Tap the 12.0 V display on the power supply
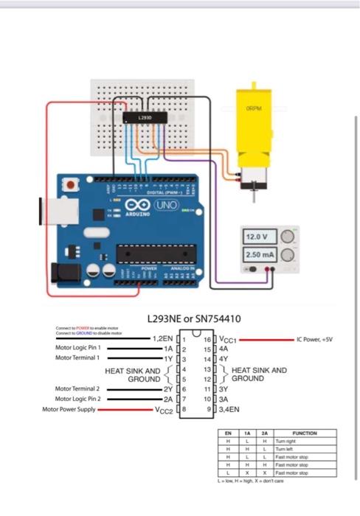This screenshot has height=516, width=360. [x=260, y=237]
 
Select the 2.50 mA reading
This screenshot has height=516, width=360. [x=260, y=254]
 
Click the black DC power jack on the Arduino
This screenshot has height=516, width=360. [x=63, y=271]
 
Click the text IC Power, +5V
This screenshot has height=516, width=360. [x=315, y=340]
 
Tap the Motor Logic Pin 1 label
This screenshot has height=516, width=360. [x=77, y=347]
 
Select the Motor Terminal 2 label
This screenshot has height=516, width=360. [x=77, y=388]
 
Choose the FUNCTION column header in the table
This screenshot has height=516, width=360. [x=304, y=433]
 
